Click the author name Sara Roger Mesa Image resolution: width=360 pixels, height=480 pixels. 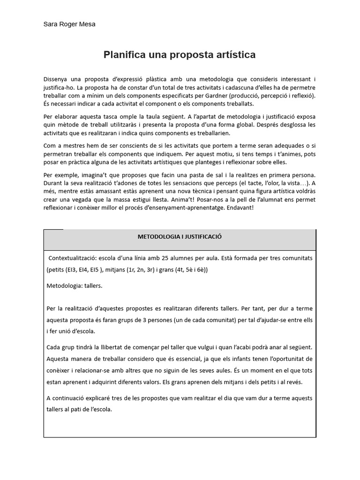click(x=69, y=24)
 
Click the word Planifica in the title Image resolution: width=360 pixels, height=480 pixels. click(x=124, y=55)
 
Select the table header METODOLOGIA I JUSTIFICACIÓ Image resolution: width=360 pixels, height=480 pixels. click(x=180, y=237)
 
